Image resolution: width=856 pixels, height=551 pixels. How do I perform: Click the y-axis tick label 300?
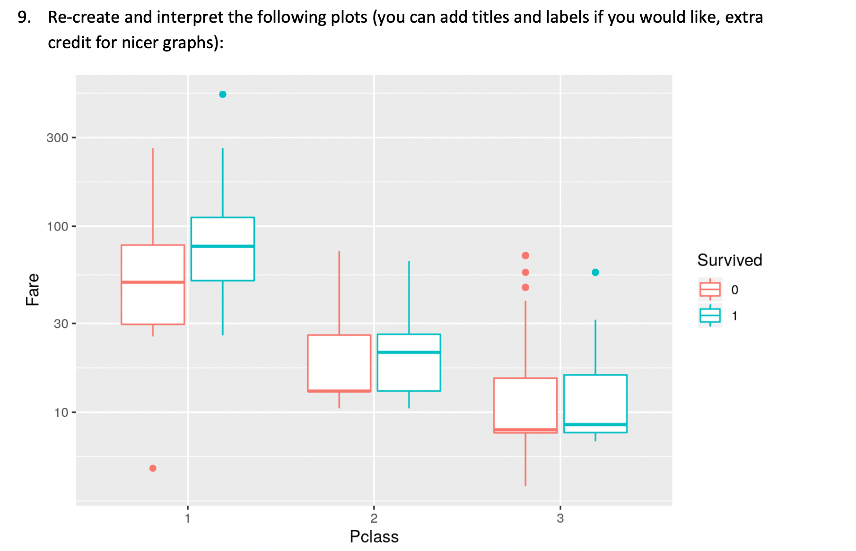tap(57, 138)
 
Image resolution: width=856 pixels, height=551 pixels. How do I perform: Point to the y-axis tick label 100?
tap(57, 227)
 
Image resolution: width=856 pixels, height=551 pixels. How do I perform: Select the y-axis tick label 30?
tap(61, 324)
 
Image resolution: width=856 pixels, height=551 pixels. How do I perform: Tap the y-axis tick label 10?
tap(61, 413)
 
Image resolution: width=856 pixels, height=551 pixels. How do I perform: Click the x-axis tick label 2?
tap(374, 518)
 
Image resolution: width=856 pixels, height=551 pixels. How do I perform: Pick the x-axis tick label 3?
tap(560, 518)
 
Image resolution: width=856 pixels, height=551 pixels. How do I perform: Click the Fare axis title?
tap(33, 289)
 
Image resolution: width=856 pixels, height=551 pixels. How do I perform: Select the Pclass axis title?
tap(374, 537)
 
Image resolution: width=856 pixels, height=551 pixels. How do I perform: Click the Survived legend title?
tap(729, 260)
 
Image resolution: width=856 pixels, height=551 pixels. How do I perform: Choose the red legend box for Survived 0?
tap(710, 289)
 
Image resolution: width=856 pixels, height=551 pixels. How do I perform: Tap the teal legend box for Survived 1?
tap(710, 315)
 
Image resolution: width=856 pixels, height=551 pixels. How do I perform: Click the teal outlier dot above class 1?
tap(223, 95)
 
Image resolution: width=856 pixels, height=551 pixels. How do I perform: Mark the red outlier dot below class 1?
tap(153, 468)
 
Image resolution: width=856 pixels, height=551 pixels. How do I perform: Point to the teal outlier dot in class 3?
tap(595, 272)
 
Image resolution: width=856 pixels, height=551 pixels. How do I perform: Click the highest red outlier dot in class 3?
tap(525, 256)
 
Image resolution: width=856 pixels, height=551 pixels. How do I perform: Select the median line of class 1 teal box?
tap(223, 246)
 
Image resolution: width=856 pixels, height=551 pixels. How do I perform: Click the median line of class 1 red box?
tap(153, 282)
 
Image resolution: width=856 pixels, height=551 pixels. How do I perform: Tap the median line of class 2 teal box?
tap(409, 352)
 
